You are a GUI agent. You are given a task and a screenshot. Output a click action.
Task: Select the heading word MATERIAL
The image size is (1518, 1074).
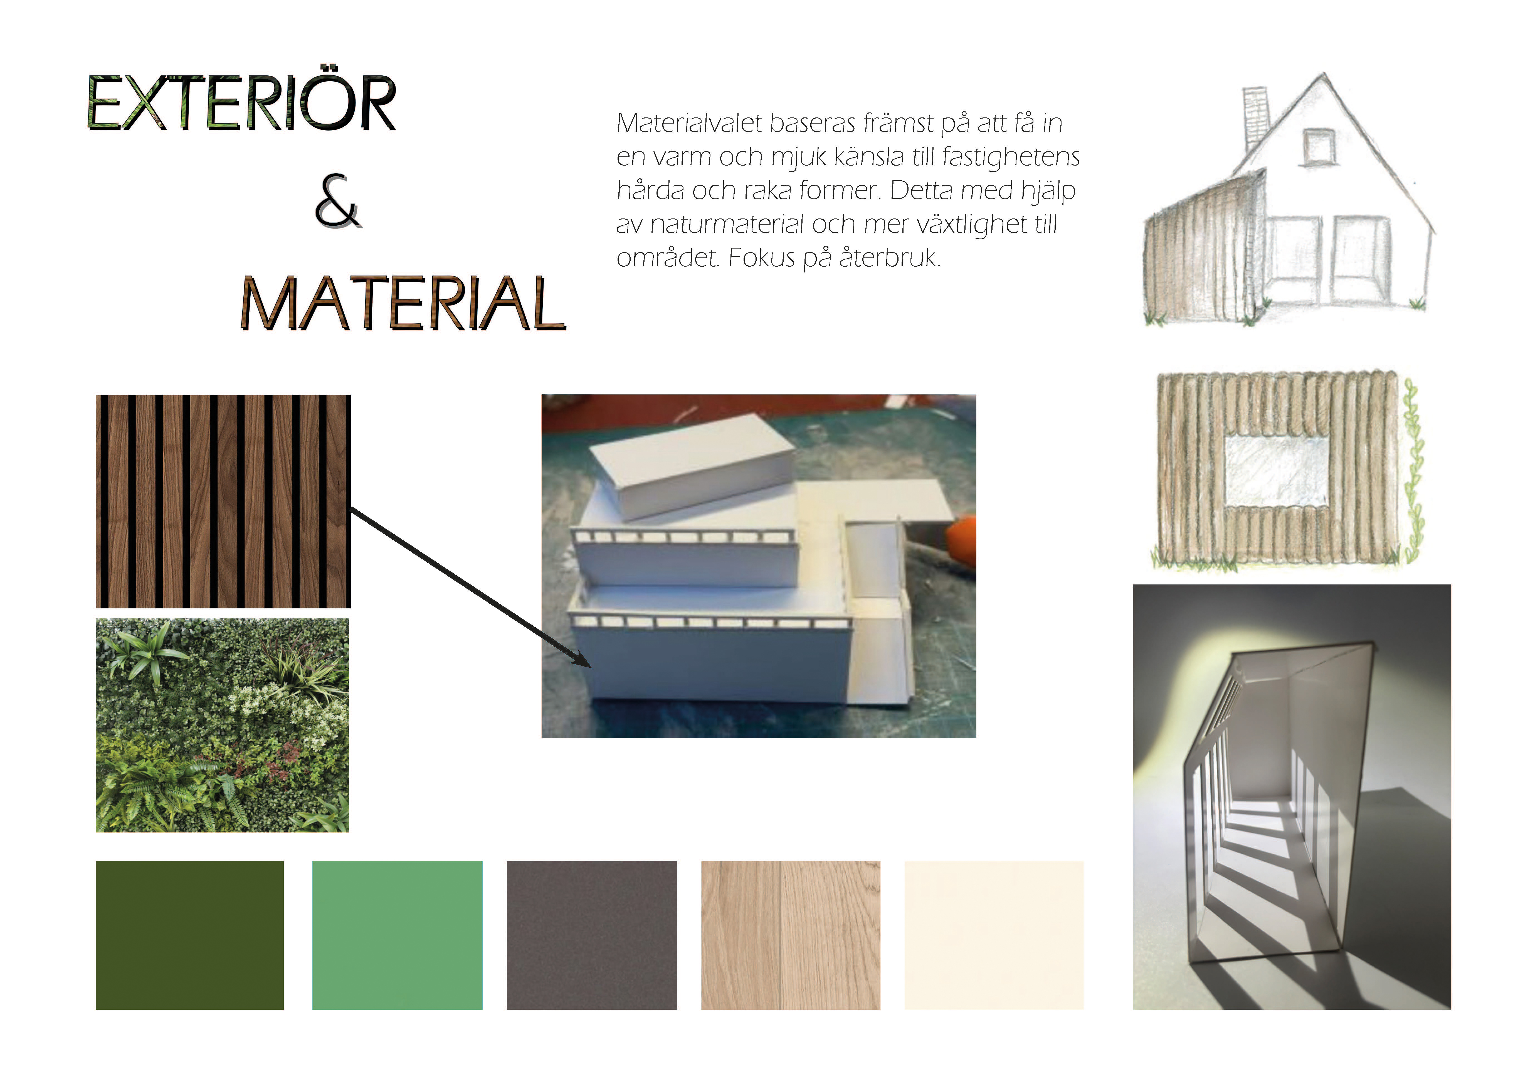tap(403, 304)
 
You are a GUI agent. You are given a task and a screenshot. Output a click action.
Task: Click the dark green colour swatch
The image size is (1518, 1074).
tap(190, 935)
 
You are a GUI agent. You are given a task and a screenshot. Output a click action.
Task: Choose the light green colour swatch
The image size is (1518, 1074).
tap(397, 935)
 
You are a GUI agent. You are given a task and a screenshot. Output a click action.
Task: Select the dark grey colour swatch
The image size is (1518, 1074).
tap(592, 935)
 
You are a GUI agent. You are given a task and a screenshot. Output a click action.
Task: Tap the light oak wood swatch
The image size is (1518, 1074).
tap(791, 935)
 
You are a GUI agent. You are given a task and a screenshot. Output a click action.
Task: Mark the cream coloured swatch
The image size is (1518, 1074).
tap(994, 935)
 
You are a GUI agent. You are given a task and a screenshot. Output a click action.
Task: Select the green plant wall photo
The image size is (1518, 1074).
tap(222, 726)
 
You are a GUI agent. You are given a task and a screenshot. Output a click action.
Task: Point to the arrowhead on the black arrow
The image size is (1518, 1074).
tap(581, 659)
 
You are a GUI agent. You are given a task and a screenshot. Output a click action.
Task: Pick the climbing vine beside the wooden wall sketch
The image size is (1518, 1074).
tap(1413, 470)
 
